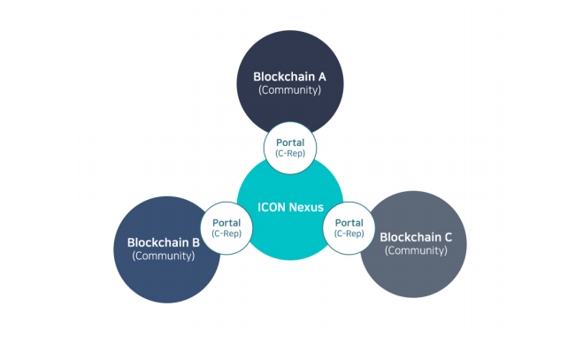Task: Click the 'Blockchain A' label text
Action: click(290, 76)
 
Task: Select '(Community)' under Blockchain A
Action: click(290, 90)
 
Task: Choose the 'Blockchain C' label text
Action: click(416, 236)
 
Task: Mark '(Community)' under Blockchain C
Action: click(416, 250)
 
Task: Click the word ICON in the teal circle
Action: click(272, 207)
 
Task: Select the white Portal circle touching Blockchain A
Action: click(290, 147)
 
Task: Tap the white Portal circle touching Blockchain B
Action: click(226, 228)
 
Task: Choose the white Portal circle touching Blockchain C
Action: click(349, 228)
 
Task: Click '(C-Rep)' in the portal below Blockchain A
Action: click(290, 153)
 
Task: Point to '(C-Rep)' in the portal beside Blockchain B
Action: click(226, 234)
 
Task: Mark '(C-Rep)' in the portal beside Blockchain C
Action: click(349, 234)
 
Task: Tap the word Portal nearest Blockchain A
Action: click(290, 142)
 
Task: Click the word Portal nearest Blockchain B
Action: click(226, 223)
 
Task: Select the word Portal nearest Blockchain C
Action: click(349, 223)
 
